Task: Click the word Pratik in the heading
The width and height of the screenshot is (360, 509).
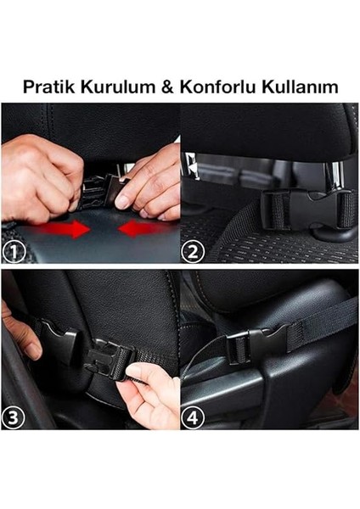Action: coord(47,87)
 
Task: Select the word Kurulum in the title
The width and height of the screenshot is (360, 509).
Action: coord(110,87)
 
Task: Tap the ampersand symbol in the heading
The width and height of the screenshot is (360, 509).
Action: coord(159,87)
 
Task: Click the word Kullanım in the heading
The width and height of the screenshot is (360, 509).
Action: coord(292,87)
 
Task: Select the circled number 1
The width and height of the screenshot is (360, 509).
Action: coord(15,250)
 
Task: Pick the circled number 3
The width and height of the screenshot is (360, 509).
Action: coord(15,417)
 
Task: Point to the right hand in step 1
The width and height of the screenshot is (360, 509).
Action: coord(153,182)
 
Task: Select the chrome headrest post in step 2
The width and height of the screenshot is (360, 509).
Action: coord(192,174)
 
